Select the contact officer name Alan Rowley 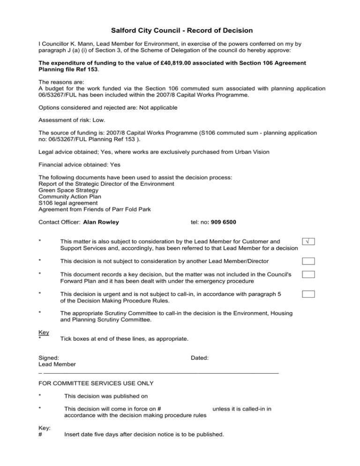pyautogui.click(x=101, y=222)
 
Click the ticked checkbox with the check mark pyautogui.click(x=307, y=241)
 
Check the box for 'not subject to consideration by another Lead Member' pyautogui.click(x=307, y=261)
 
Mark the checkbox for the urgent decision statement pyautogui.click(x=307, y=294)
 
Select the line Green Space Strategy pyautogui.click(x=68, y=190)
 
